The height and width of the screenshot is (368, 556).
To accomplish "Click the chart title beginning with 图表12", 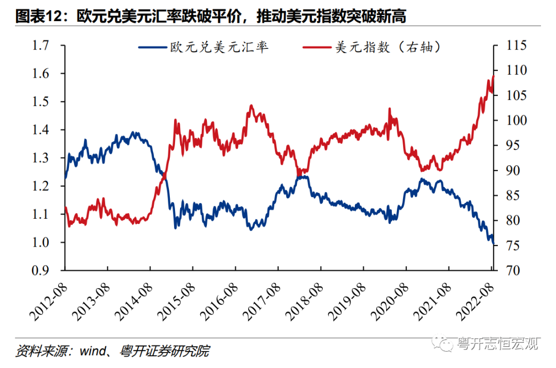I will click(211, 17).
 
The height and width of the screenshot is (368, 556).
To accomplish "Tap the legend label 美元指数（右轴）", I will click(389, 48).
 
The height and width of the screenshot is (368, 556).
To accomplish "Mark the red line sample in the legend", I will click(317, 48).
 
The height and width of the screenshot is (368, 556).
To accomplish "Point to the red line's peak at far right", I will click(493, 76).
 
